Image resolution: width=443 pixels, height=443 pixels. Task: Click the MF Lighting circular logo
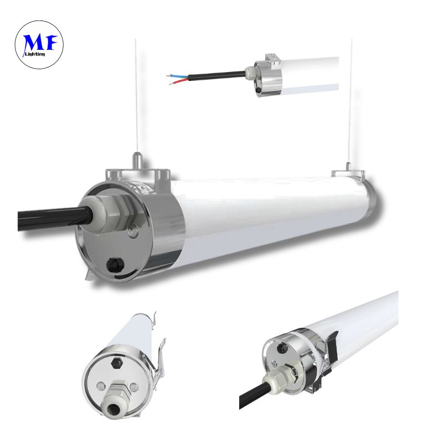tap(39, 45)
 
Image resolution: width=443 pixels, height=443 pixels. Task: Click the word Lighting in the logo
tap(35, 54)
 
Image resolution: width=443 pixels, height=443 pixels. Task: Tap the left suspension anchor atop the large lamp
tap(137, 161)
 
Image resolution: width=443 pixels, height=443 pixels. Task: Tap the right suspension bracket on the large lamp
tap(348, 172)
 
